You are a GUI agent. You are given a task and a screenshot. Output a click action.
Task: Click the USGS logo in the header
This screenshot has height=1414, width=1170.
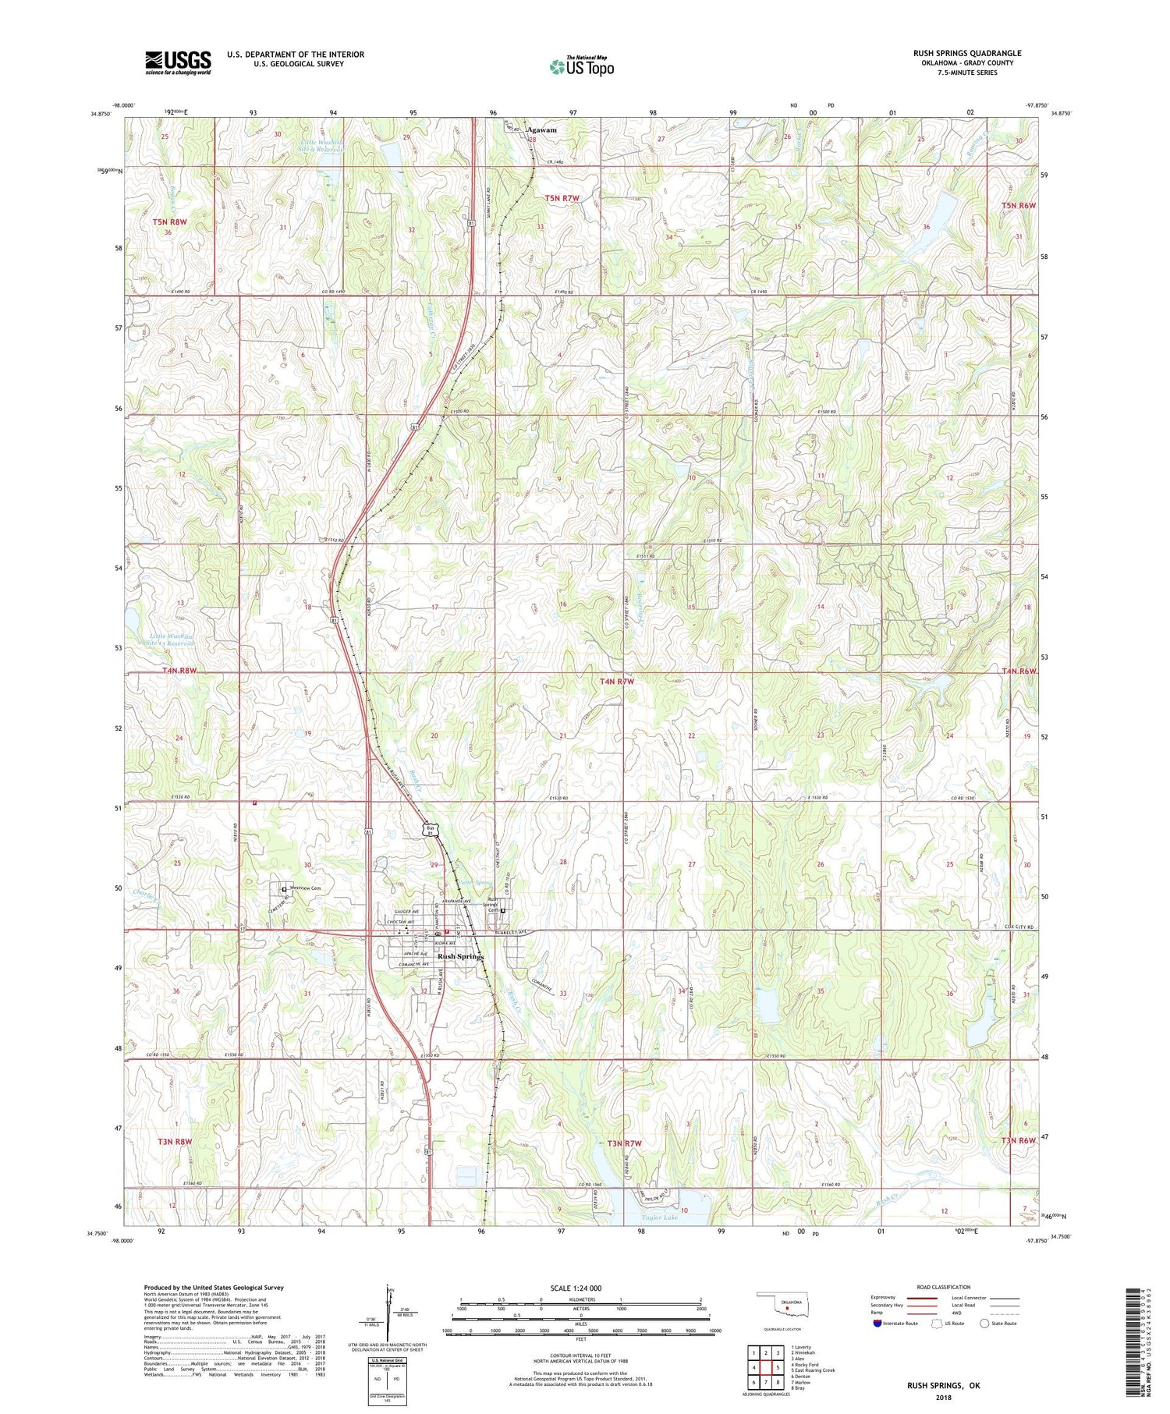pyautogui.click(x=178, y=62)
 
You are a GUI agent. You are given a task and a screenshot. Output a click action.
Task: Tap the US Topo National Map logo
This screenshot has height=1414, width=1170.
pyautogui.click(x=582, y=66)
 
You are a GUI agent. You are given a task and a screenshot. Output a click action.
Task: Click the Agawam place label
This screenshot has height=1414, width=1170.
pyautogui.click(x=542, y=130)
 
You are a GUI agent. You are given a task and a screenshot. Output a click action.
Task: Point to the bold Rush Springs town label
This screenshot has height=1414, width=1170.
pyautogui.click(x=461, y=956)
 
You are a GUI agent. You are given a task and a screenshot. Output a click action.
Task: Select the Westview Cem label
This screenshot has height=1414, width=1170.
pyautogui.click(x=305, y=888)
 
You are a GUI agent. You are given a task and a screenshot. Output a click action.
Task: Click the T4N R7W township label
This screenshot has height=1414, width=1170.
pyautogui.click(x=617, y=682)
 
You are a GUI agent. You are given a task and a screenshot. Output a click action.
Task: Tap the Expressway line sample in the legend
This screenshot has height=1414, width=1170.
pyautogui.click(x=926, y=1299)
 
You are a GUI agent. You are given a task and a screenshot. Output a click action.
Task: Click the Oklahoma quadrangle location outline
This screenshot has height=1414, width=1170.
pyautogui.click(x=787, y=1304)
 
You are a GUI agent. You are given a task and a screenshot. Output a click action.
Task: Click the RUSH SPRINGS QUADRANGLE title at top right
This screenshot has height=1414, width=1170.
pyautogui.click(x=967, y=53)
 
